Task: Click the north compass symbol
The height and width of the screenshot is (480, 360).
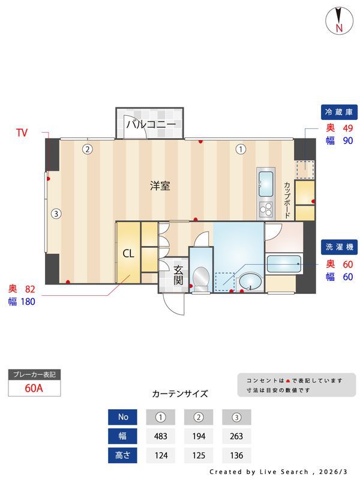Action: pos(339,21)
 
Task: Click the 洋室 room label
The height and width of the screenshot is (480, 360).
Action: pos(160,186)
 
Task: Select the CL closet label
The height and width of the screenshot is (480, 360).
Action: pos(128,253)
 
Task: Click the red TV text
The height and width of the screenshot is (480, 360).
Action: pos(22,133)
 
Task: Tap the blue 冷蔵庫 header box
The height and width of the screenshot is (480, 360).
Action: pos(339,112)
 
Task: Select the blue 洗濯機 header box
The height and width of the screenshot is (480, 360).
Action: pos(339,247)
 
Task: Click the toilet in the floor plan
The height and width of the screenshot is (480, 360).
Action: pos(201,278)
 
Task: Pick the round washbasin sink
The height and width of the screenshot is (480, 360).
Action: pos(250,281)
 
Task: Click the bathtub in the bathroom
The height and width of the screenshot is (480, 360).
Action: pos(284,262)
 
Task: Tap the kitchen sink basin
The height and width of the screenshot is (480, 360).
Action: pos(265,180)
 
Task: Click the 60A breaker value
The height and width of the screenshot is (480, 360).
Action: pos(34,388)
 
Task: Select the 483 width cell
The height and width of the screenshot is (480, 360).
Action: pos(160,436)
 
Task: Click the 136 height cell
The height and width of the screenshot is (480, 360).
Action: pos(236,454)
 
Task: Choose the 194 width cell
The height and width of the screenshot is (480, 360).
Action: pos(199,436)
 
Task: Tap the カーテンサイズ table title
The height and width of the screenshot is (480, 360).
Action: pos(180,394)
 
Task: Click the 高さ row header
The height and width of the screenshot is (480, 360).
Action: pos(122,454)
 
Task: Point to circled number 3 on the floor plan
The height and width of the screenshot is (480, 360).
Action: pos(55,213)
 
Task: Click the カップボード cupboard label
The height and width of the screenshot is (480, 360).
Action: pos(287,199)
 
